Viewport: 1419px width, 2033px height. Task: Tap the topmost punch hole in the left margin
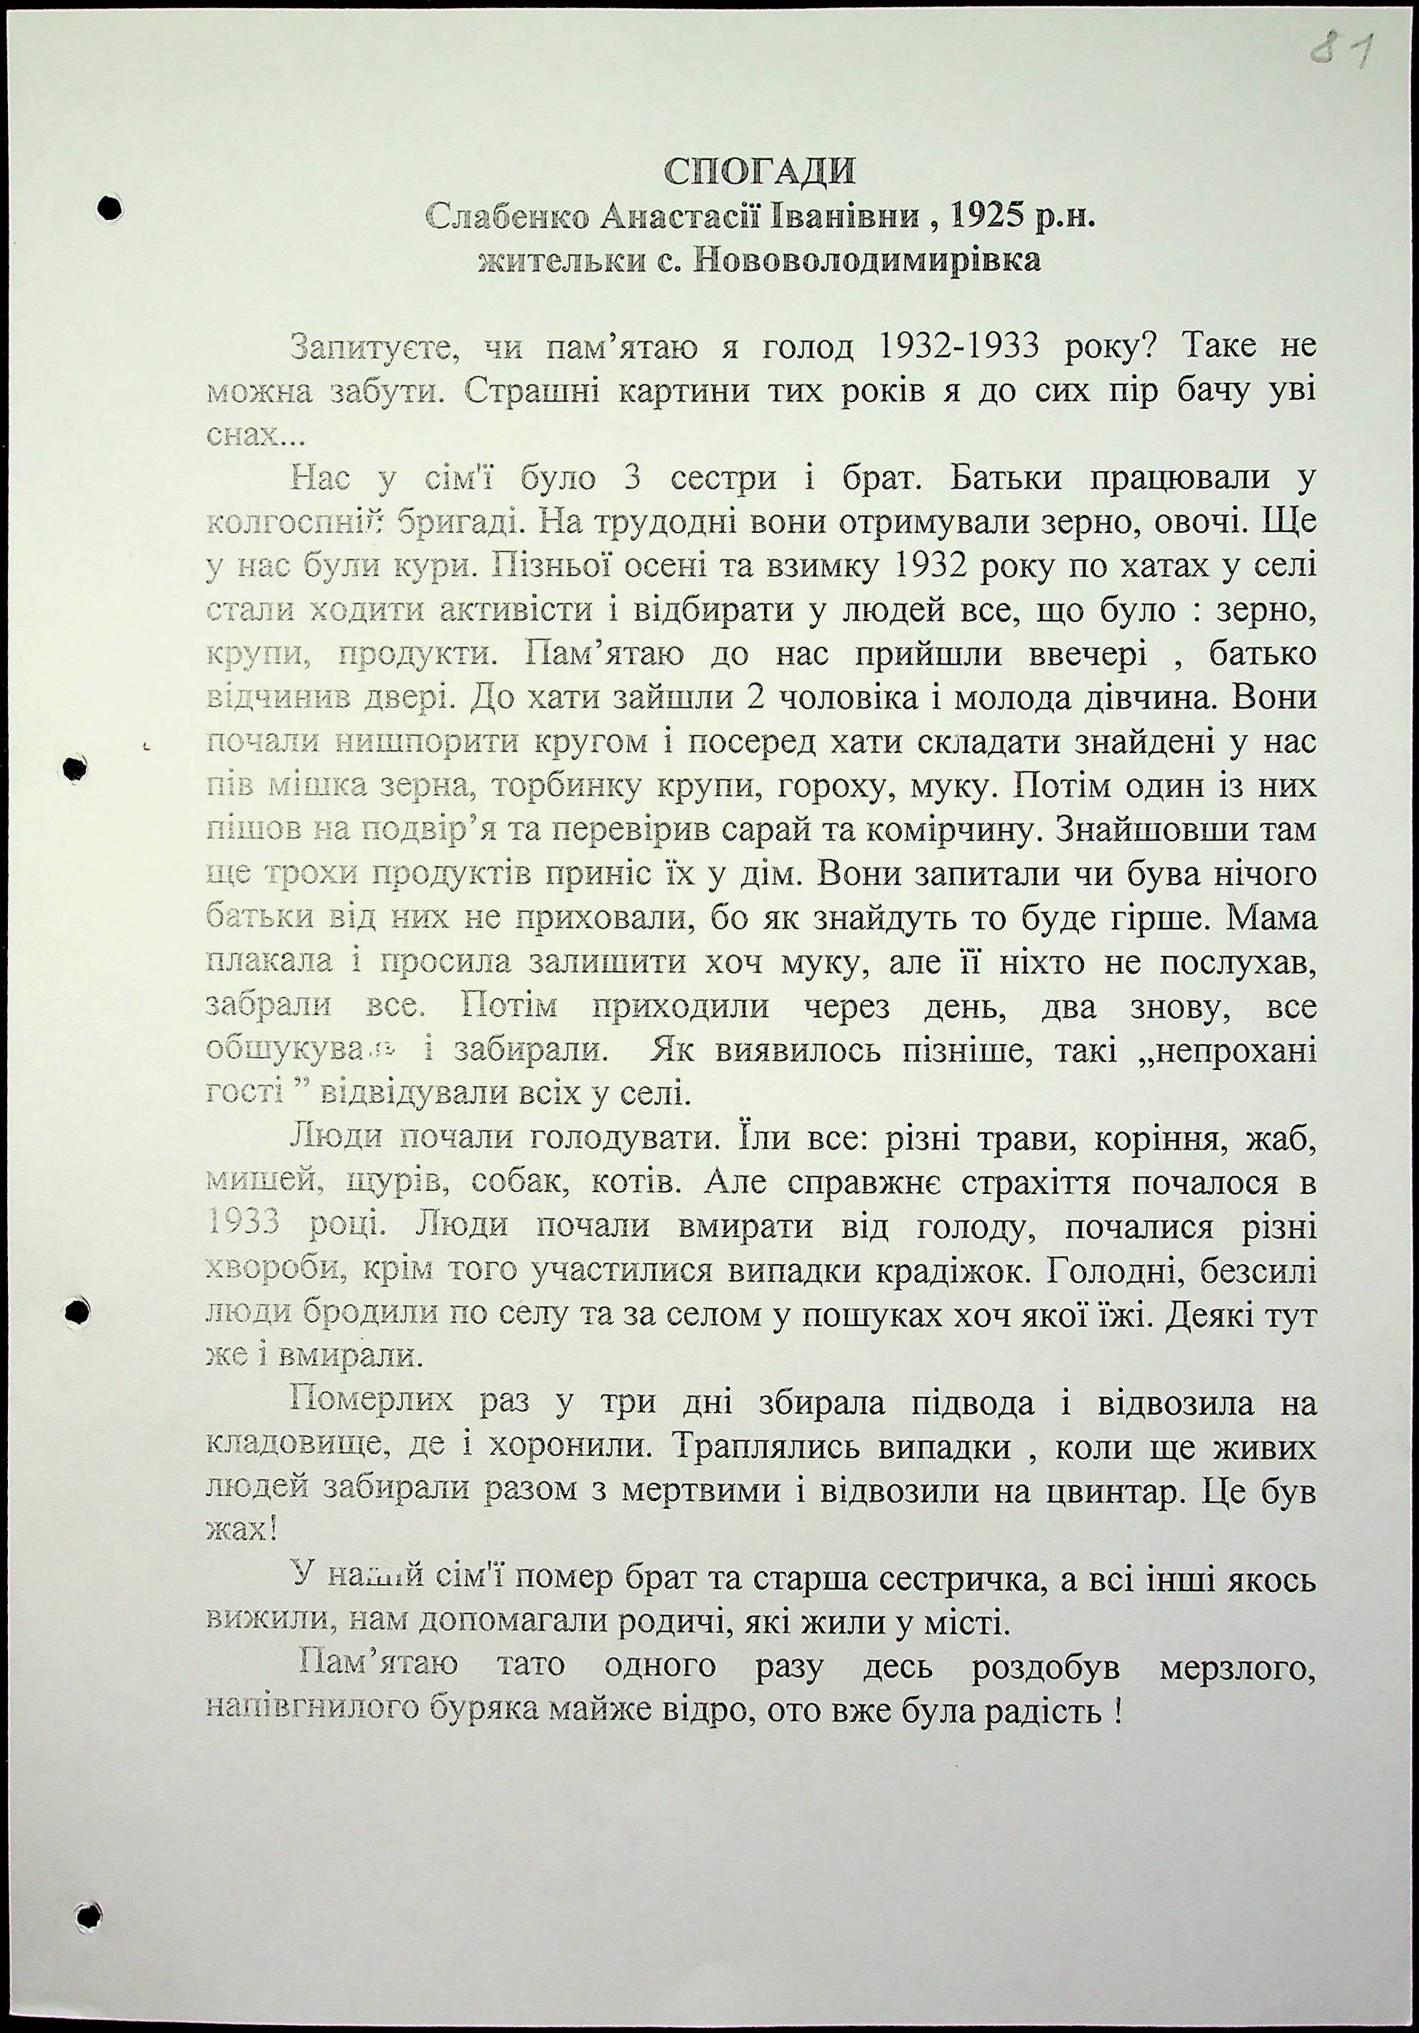tap(109, 207)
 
